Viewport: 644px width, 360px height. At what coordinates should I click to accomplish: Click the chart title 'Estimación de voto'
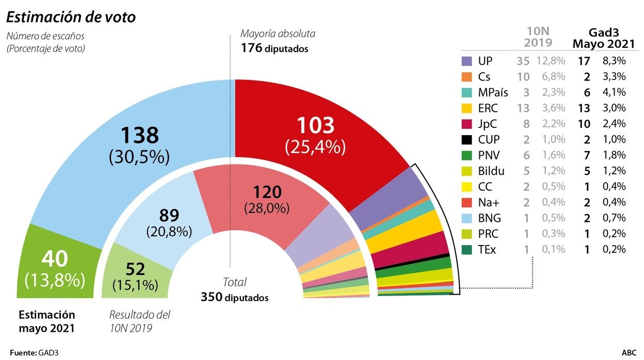click(x=71, y=17)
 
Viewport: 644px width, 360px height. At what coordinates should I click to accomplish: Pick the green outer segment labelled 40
click(x=54, y=271)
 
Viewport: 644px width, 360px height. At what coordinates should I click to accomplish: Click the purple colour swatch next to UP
click(x=466, y=61)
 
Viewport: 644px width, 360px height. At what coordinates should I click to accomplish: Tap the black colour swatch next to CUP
click(x=466, y=139)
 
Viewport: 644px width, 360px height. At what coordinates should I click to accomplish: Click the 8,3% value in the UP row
click(x=616, y=61)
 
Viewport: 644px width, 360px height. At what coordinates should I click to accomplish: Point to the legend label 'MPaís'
click(x=493, y=92)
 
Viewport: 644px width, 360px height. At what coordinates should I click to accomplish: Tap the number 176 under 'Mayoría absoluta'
click(x=251, y=50)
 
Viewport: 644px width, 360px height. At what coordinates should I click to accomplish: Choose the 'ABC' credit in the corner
click(x=629, y=353)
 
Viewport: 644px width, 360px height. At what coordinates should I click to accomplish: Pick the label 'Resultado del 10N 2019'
click(x=139, y=321)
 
